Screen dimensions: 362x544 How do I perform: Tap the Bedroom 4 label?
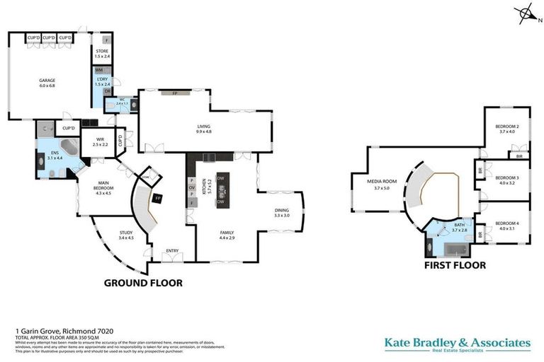pyautogui.click(x=508, y=226)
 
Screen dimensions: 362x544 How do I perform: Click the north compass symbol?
pyautogui.click(x=525, y=13)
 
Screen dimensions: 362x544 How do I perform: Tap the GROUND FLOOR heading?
pyautogui.click(x=143, y=283)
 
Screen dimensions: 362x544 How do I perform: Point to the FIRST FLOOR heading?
pyautogui.click(x=455, y=265)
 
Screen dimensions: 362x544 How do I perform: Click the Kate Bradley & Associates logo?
pyautogui.click(x=457, y=344)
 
